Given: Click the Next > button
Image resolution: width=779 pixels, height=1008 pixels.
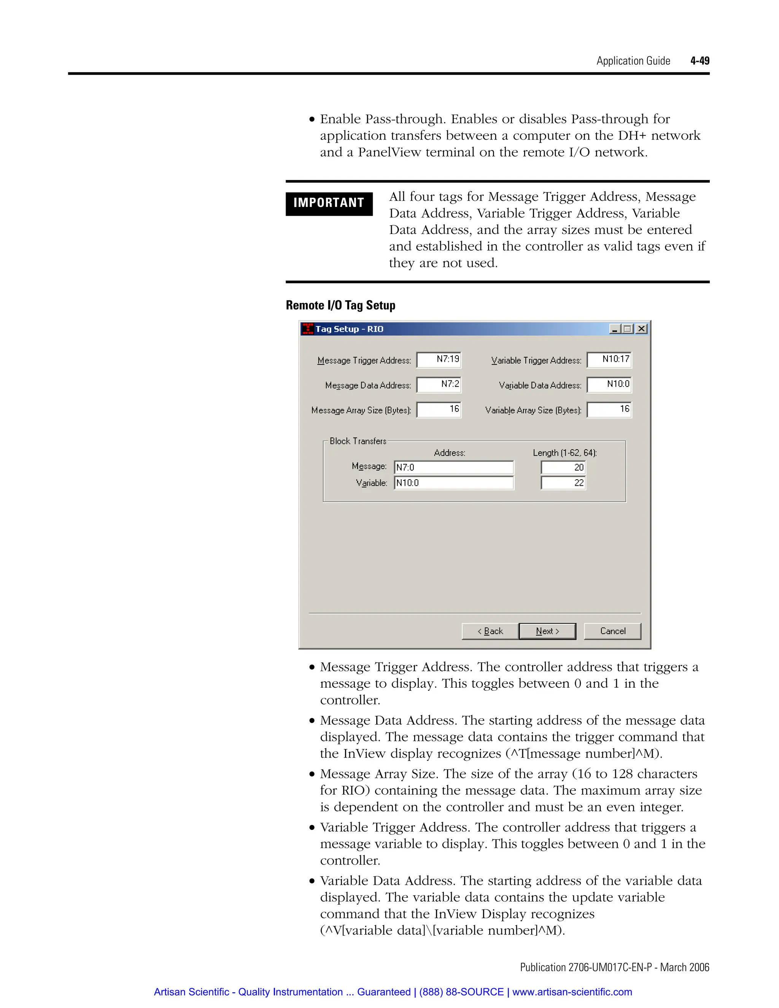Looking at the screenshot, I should pos(547,631).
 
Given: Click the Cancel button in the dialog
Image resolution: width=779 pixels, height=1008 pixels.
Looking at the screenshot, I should pos(612,631).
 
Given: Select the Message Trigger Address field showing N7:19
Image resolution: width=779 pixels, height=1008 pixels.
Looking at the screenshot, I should pos(439,359).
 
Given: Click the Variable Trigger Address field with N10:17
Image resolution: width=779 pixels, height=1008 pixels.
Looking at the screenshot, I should pos(609,359).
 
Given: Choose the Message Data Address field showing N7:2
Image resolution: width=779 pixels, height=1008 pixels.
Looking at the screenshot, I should pos(439,385).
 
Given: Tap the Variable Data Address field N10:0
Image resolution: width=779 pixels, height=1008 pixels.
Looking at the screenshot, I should pos(609,385).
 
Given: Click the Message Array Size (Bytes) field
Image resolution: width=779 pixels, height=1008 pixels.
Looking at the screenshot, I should pos(439,409).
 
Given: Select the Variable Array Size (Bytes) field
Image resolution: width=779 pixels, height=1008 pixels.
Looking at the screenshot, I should pos(609,409).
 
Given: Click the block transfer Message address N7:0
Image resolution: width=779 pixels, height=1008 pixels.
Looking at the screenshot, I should pos(454,467).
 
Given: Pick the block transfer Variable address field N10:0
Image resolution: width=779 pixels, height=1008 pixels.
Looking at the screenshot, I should pos(454,483).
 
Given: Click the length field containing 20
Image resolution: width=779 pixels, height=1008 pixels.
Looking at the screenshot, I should pos(563,467).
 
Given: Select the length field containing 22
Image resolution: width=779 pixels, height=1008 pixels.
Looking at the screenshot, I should pos(563,483).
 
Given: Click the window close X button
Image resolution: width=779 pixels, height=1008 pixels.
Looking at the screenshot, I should pos(641,329).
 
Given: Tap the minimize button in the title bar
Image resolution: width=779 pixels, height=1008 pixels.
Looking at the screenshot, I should pos(615,329).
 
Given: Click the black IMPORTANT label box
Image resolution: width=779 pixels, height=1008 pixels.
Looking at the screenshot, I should pos(329,203).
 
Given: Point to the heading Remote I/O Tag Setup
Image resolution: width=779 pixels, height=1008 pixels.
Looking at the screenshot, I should pos(340,305).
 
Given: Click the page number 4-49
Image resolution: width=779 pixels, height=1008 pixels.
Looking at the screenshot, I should pos(700,60).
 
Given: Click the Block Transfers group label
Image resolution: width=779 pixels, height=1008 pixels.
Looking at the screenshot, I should pos(358,441).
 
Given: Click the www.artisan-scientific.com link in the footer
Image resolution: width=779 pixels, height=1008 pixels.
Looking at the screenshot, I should pos(572,992).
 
